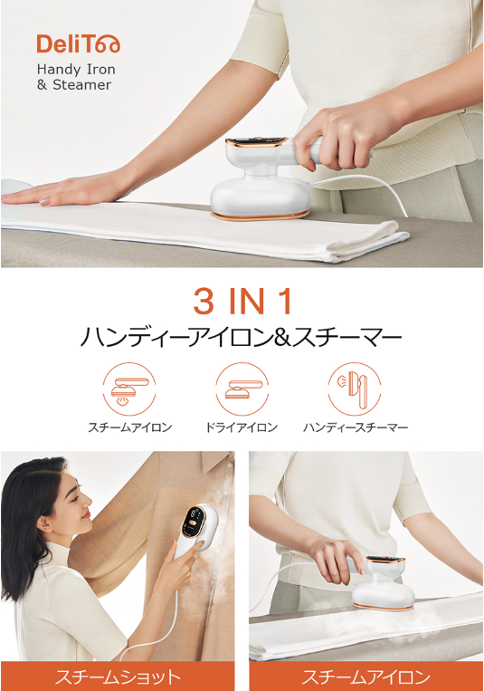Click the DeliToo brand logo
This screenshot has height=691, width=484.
[78, 43]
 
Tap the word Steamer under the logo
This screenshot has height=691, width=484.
[82, 84]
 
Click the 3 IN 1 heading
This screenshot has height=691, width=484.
[242, 302]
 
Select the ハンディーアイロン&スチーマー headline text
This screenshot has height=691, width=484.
[242, 338]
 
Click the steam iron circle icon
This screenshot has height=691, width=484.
[129, 389]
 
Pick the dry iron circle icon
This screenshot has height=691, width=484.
[242, 389]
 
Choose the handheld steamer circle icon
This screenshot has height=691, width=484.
[355, 389]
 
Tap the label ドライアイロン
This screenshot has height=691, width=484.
[242, 427]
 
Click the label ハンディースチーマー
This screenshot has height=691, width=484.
[356, 427]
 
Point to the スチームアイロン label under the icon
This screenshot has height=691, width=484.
[130, 427]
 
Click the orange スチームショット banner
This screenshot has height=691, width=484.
[118, 677]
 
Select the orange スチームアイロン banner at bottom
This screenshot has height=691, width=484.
[366, 677]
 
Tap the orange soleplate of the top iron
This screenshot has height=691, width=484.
[260, 216]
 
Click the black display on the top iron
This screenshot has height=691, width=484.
[257, 142]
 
